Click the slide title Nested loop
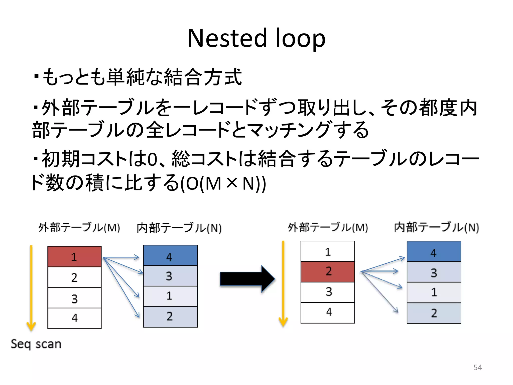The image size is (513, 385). pos(256,38)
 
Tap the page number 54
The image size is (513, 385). pos(477,367)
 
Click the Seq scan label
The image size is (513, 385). pos(36,344)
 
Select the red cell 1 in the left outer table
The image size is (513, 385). pos(74,257)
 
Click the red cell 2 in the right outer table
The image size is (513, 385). pos(328,272)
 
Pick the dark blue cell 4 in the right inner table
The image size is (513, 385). pos(434,252)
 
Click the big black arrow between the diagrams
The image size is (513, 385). pos(247,279)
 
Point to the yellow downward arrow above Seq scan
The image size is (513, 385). pos(31,288)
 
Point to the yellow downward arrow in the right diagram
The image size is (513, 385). pos(283,283)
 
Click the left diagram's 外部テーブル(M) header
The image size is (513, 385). pos(79,228)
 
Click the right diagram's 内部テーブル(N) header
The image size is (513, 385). pos(436,228)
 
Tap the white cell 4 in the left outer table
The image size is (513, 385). pos(74,318)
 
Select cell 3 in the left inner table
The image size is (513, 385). pos(170,276)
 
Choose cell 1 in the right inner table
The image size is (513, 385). pos(434,292)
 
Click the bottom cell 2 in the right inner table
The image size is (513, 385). pos(434,313)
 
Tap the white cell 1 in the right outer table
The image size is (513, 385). pos(328,251)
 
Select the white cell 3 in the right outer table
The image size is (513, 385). pos(328,292)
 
